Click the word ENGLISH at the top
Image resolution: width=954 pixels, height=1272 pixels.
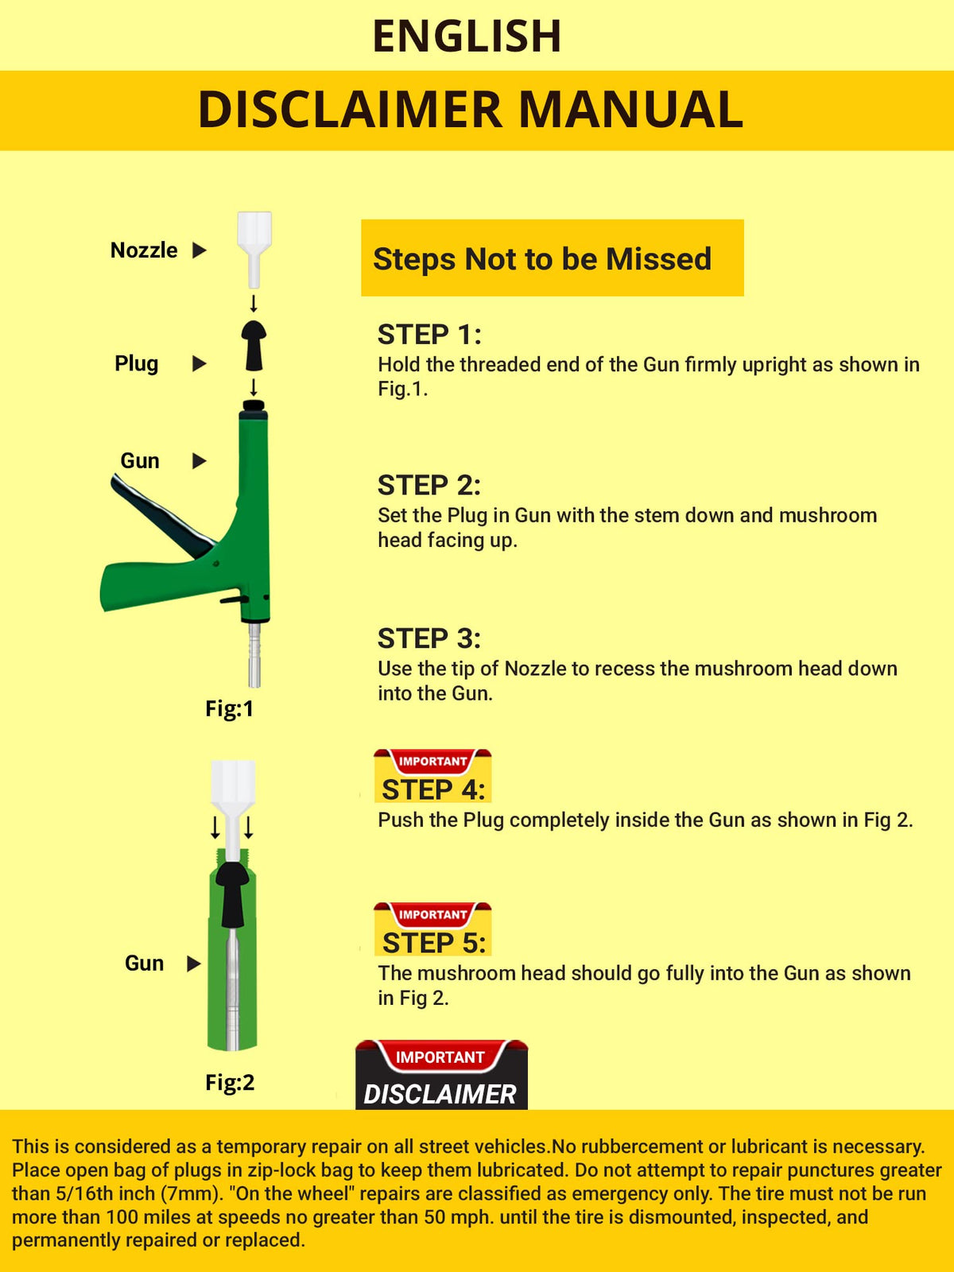467,36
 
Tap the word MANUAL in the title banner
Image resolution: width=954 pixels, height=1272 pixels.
630,110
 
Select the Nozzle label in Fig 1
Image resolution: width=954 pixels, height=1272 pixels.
144,250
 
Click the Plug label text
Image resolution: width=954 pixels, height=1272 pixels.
136,363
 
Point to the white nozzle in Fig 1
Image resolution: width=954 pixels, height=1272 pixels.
254,249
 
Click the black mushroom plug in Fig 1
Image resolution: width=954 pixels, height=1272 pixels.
254,345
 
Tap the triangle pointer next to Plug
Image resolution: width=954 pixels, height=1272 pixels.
200,364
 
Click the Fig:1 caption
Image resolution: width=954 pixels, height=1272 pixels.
230,708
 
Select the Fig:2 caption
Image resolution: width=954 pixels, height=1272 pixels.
230,1083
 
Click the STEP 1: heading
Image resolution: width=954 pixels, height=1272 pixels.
429,335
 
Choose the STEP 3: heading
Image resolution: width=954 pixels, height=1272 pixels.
429,638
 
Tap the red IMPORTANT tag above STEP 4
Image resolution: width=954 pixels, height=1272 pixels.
432,761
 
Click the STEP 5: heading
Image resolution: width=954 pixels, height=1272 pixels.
434,943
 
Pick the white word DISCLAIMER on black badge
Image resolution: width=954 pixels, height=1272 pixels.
440,1094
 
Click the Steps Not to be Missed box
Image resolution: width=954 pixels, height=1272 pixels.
552,258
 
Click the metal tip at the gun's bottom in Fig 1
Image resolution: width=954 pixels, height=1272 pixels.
254,655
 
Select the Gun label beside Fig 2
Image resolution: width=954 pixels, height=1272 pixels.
144,963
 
